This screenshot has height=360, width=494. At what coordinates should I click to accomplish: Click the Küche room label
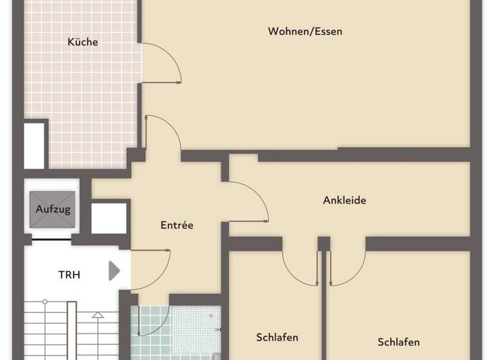pos(83,42)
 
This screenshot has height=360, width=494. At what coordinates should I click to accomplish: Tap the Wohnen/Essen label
pos(305,31)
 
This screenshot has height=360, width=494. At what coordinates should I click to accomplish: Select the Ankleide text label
pos(344,200)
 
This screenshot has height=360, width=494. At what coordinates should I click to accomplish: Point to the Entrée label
pos(177,225)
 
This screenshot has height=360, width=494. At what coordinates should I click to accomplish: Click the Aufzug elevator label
pos(53,209)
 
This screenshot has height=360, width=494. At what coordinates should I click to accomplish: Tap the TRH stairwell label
pos(69,274)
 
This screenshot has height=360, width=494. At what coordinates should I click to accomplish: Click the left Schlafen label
pos(277,337)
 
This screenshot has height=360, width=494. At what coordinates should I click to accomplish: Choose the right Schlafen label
pos(399,341)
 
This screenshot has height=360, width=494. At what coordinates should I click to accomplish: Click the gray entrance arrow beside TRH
pos(114,271)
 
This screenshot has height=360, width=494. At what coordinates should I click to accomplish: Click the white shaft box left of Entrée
pos(109,218)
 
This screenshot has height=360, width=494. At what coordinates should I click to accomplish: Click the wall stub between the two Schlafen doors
pos(324,244)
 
